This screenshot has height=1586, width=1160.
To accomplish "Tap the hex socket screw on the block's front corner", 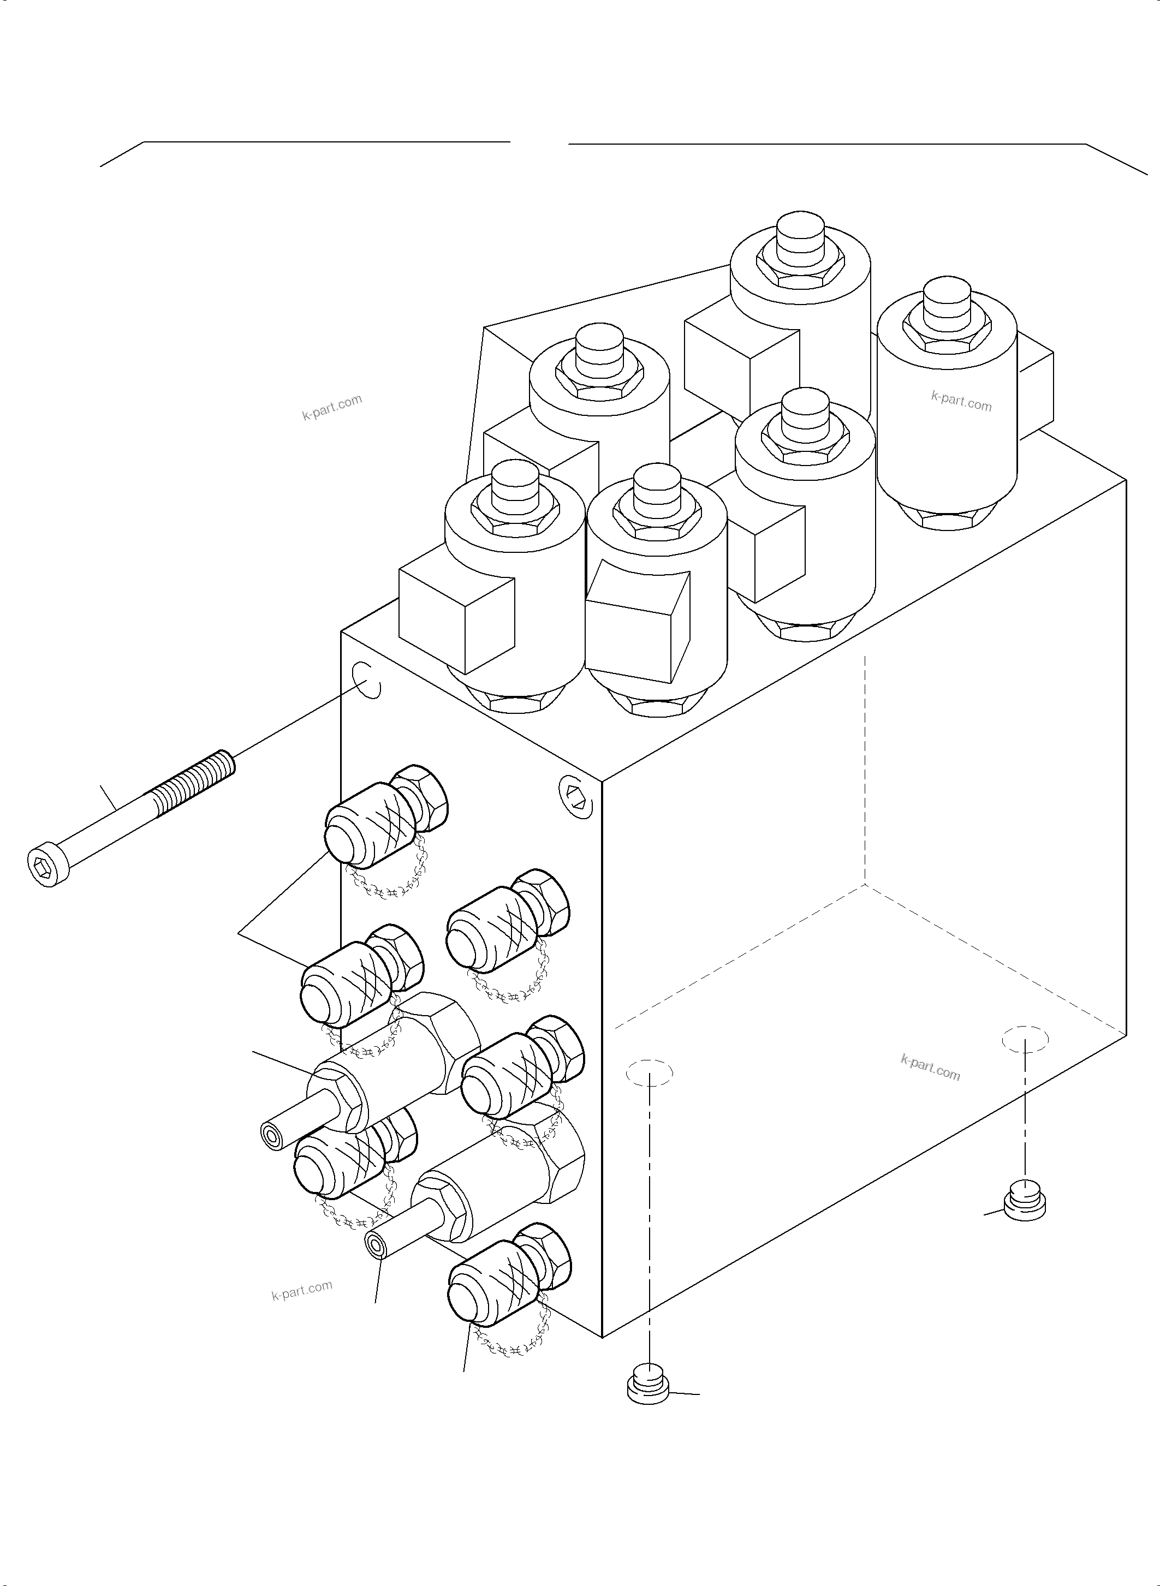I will click(x=576, y=796).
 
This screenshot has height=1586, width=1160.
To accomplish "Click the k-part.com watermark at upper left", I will click(x=332, y=407).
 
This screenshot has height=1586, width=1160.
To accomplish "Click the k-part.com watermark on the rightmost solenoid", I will click(x=961, y=401).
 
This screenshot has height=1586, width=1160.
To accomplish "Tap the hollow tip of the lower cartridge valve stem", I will click(x=377, y=1245).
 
